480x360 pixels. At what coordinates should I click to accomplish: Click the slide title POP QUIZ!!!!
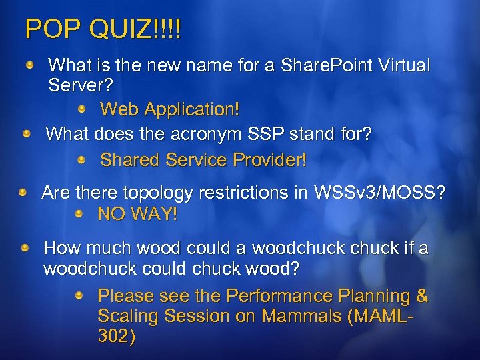pos(103,29)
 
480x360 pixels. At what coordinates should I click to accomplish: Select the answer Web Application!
pos(169,108)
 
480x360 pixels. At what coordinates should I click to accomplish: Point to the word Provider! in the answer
pos(270,160)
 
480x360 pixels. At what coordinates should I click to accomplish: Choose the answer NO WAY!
pos(138,215)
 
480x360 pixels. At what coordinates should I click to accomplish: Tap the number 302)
pos(116,337)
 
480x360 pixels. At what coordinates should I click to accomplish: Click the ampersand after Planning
pos(421,295)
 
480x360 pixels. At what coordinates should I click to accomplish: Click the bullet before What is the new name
pos(31,65)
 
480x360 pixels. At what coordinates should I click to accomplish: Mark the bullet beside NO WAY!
pos(79,214)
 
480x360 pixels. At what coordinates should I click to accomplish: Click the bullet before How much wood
pos(25,248)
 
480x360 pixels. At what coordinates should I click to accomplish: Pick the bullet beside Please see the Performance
pos(79,295)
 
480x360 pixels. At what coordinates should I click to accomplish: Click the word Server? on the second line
pos(81,85)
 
